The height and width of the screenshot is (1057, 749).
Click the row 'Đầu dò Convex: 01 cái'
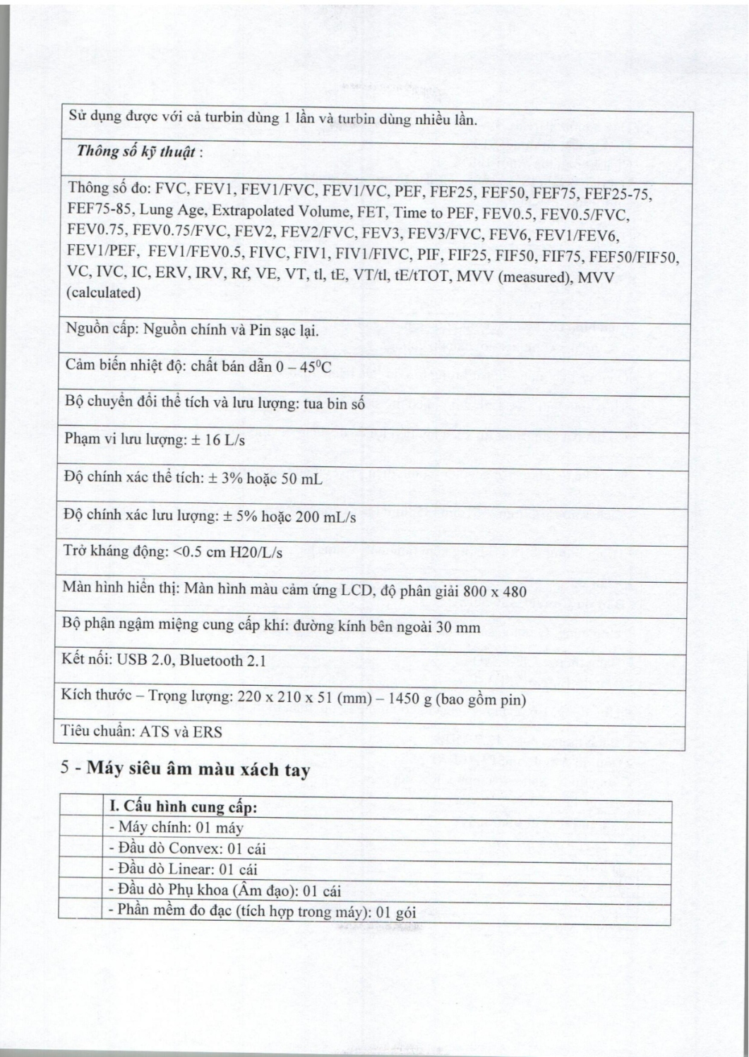(x=186, y=848)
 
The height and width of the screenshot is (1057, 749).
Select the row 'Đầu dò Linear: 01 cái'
(x=182, y=869)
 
